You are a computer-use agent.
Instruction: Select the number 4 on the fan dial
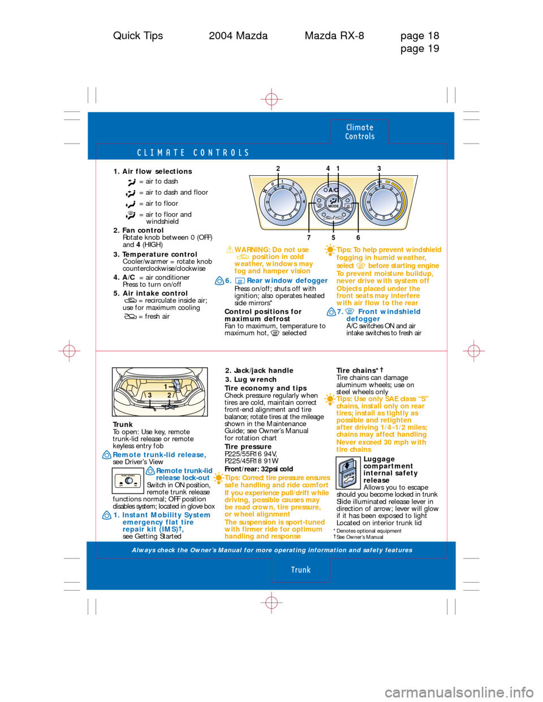coord(304,202)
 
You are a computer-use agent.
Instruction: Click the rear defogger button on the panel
coord(348,206)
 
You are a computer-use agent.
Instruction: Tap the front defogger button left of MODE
coord(319,206)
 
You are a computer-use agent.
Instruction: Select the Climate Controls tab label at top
coord(360,132)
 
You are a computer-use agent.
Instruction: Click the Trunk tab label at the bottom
coord(301,570)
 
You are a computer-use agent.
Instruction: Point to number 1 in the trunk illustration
coord(166,386)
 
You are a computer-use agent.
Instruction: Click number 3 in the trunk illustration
coord(150,395)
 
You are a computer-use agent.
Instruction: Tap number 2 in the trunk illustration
coord(169,395)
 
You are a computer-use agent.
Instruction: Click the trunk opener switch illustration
coord(128,480)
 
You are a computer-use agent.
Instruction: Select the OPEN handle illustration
coord(348,474)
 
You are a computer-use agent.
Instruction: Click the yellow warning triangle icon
coord(230,249)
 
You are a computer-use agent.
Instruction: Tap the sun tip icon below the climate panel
coord(330,249)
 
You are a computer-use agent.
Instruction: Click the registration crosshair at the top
coord(271,99)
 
